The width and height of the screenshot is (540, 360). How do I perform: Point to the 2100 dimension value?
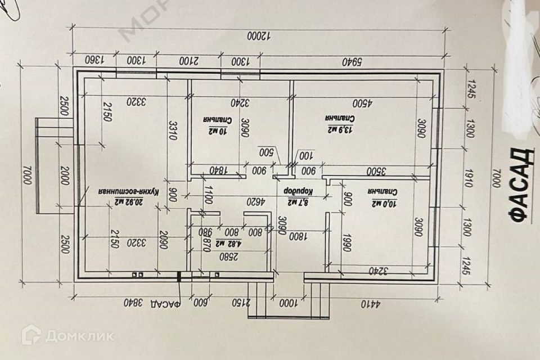pos(188,60)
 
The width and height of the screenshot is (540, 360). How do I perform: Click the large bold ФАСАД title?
pos(520,184)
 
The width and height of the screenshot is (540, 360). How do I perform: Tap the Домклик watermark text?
pos(79,336)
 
